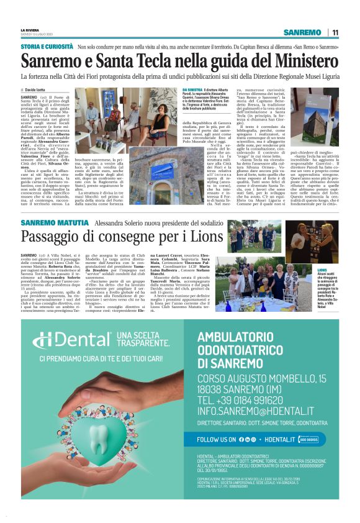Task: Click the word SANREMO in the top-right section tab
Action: coord(302,32)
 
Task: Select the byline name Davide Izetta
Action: coord(37,90)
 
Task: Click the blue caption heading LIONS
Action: coord(322,271)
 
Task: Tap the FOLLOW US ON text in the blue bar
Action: coord(225,422)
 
